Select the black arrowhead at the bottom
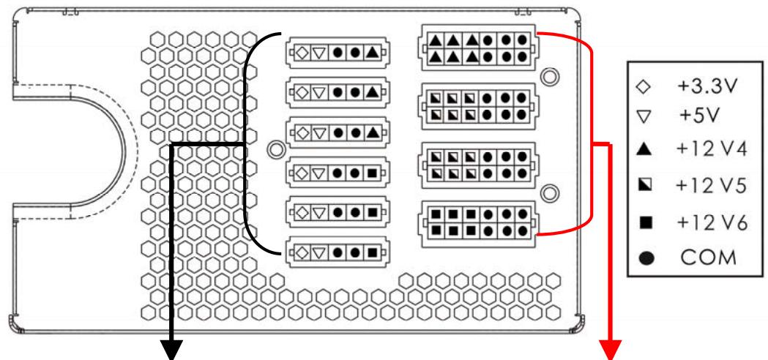pos(173,349)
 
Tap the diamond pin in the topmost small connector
pos(302,52)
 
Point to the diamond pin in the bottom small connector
pos(302,253)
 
